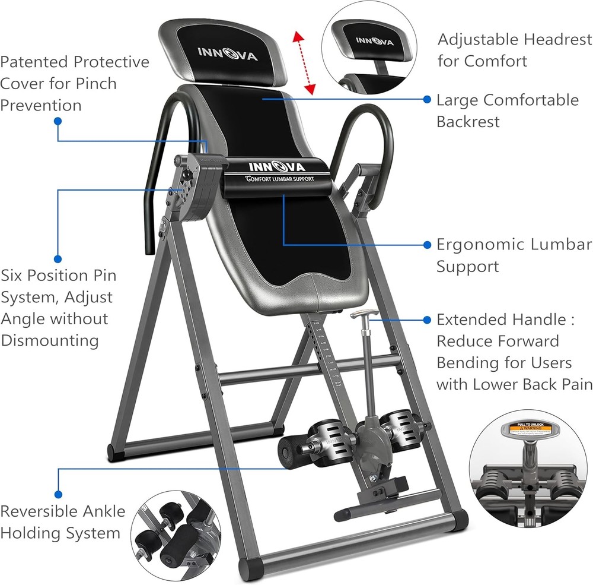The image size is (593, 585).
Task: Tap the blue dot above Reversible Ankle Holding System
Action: pyautogui.click(x=58, y=493)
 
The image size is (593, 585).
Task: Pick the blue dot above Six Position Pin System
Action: pyautogui.click(x=58, y=258)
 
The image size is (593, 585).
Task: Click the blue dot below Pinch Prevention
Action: pyautogui.click(x=58, y=121)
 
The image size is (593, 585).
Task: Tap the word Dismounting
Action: pyautogui.click(x=49, y=340)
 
